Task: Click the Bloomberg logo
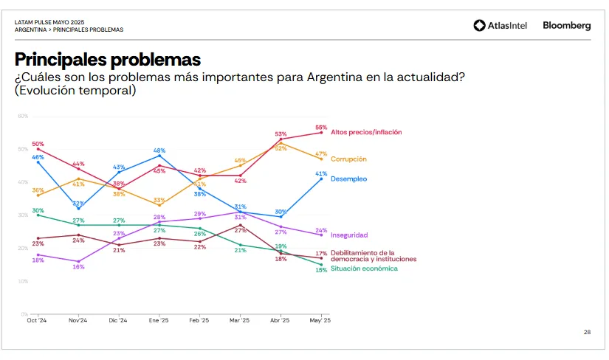567,26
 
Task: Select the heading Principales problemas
108,60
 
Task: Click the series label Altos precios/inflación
366,132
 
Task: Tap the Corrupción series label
348,159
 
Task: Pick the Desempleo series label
348,179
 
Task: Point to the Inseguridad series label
349,235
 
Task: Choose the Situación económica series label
364,269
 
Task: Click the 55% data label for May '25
321,127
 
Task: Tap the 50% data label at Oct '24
38,144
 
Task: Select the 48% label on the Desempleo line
159,150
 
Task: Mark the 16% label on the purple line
78,266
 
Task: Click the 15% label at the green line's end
321,270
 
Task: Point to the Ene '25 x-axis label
159,321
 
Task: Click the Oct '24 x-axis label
37,321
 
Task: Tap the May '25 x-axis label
320,321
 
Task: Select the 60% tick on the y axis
23,116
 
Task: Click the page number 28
587,333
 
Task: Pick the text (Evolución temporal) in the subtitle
75,91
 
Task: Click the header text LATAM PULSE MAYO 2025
49,22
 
